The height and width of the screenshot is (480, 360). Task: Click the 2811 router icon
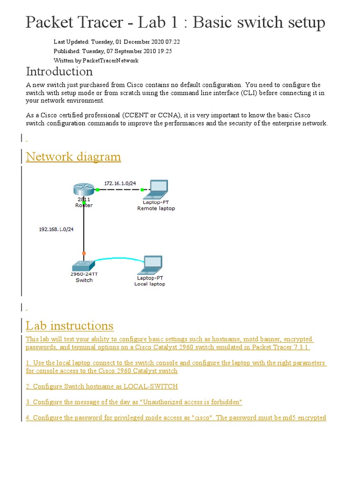pos(83,190)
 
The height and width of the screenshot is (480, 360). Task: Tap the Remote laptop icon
pos(157,188)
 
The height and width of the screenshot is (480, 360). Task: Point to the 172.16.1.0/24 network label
pos(120,183)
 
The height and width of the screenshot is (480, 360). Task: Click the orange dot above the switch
pos(84,253)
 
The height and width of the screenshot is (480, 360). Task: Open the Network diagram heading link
pos(73,157)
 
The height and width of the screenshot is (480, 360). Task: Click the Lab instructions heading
pos(69,325)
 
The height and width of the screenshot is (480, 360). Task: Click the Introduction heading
pos(59,71)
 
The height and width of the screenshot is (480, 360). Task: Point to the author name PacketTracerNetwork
pos(110,60)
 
